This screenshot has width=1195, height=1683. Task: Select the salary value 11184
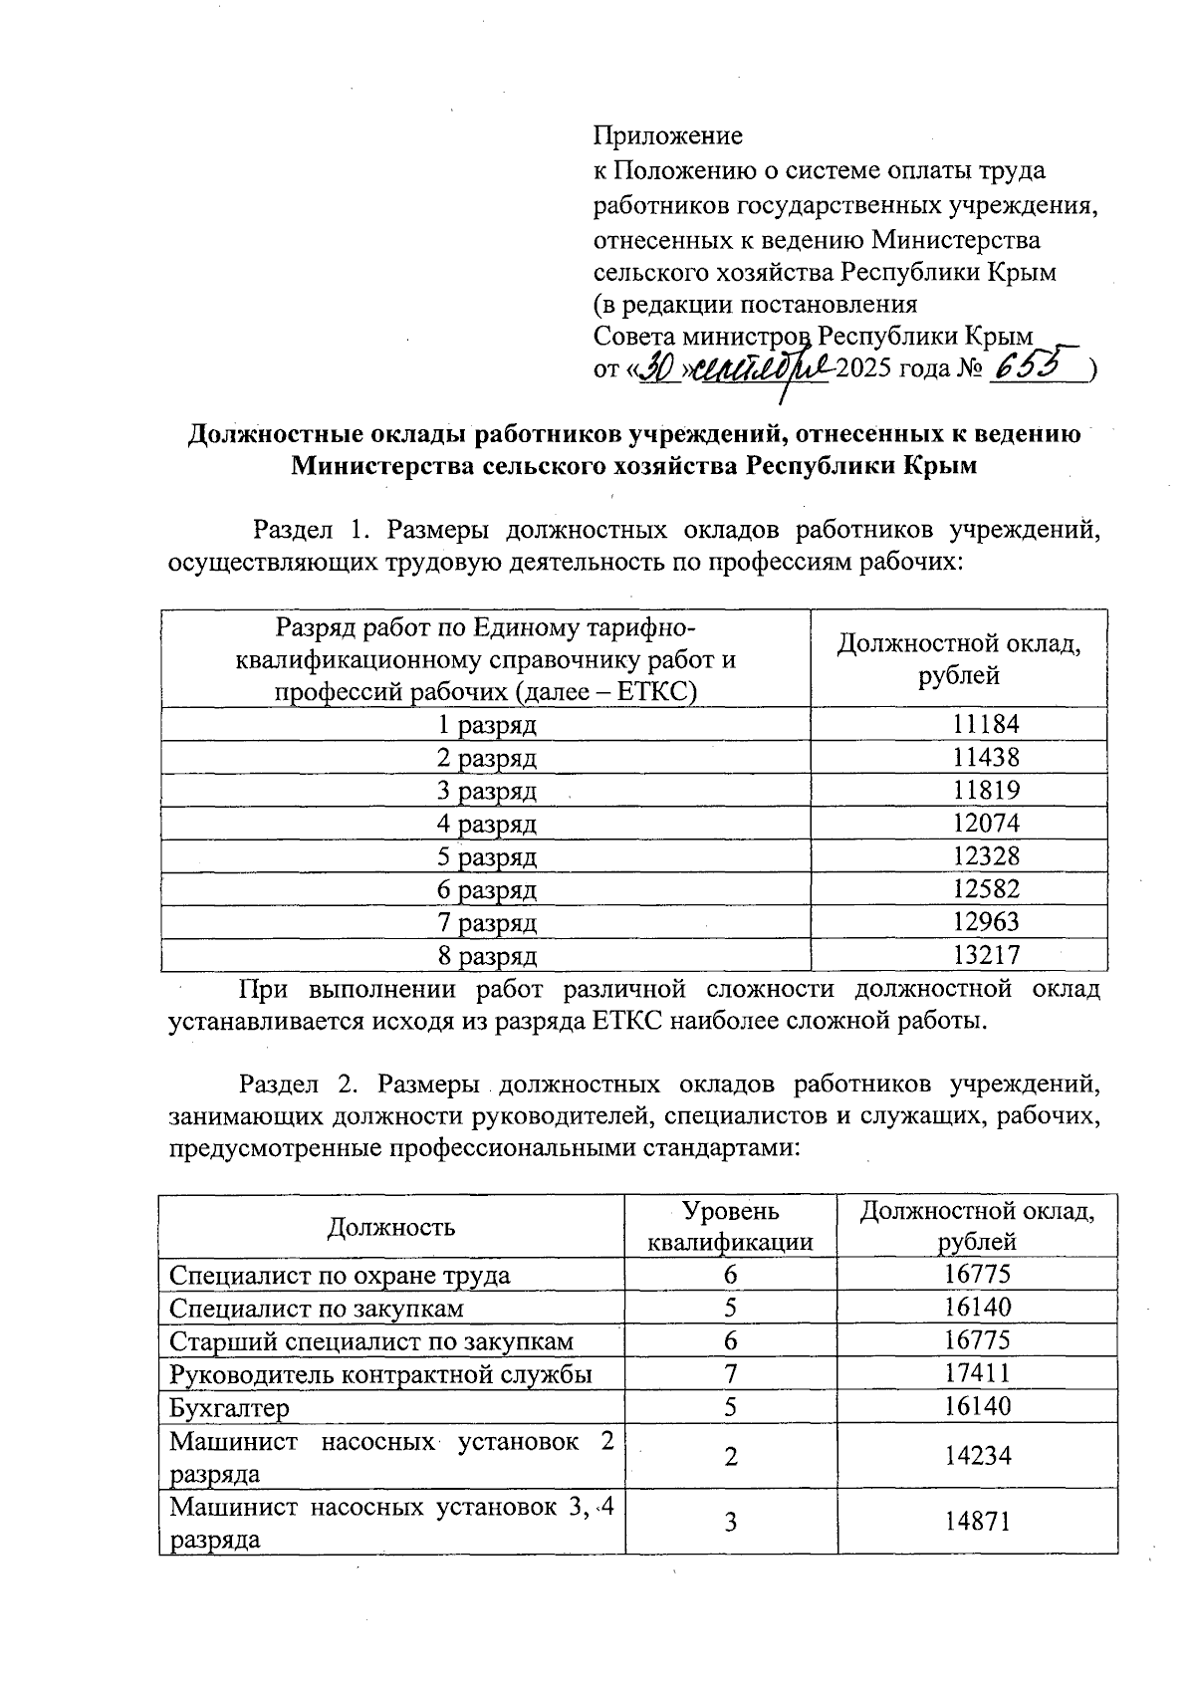point(986,724)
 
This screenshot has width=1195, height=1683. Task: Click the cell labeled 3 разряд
point(487,791)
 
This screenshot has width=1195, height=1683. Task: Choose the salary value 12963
point(986,922)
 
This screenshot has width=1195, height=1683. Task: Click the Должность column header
point(391,1226)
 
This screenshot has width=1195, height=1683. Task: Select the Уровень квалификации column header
point(730,1226)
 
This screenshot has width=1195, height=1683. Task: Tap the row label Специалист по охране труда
point(340,1276)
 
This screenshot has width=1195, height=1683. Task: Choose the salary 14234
point(977,1456)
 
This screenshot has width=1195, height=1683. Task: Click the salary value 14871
point(977,1521)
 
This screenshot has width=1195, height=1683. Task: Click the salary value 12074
point(986,824)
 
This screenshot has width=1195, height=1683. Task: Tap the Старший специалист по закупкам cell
point(370,1341)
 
